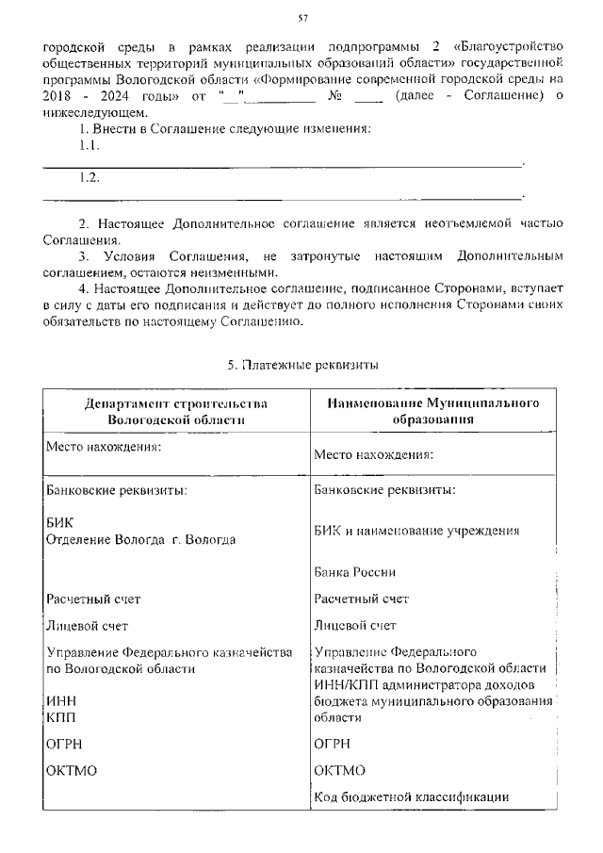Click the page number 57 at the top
tap(302, 17)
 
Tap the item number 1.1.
tap(90, 146)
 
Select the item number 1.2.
tap(90, 178)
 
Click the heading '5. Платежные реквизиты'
tap(301, 364)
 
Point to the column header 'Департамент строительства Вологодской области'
tap(176, 412)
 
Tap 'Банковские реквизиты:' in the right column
tap(385, 490)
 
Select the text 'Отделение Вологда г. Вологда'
tap(141, 539)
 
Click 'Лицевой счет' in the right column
tap(354, 625)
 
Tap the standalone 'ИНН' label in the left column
tap(60, 701)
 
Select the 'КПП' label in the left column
tap(60, 716)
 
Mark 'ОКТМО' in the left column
tap(72, 770)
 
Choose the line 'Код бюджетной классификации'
tap(412, 797)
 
